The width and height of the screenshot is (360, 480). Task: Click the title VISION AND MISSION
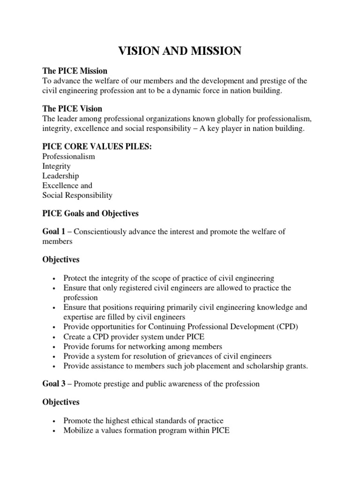tap(180, 51)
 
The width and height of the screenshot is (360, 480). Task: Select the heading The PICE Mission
tap(75, 71)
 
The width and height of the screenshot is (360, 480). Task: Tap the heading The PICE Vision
tap(72, 109)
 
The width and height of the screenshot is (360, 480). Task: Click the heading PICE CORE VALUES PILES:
tap(97, 147)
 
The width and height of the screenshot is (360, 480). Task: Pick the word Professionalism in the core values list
tap(68, 157)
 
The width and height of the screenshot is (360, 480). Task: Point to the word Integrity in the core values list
tap(56, 166)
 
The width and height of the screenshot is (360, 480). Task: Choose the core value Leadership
tap(60, 176)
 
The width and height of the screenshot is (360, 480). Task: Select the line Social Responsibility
tap(77, 195)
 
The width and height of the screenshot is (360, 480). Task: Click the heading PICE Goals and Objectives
tap(90, 214)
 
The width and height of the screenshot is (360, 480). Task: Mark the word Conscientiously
tap(101, 232)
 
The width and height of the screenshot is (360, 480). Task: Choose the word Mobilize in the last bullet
tap(78, 430)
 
